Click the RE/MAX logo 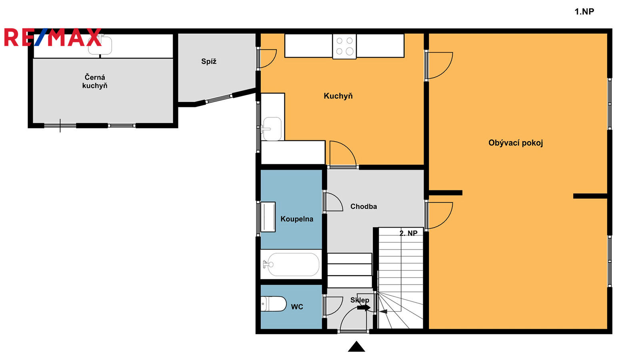(53, 37)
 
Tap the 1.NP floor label (584, 12)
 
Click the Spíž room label (209, 62)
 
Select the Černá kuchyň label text (95, 82)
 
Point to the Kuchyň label (338, 96)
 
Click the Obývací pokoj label (516, 143)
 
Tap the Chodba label (364, 206)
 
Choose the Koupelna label (297, 219)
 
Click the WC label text (297, 307)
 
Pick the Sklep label (360, 300)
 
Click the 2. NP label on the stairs (408, 234)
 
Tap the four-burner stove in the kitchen (344, 46)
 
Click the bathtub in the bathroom (292, 264)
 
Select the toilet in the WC (274, 304)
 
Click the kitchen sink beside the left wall (272, 129)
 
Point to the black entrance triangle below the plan (356, 346)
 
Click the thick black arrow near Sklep (364, 308)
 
